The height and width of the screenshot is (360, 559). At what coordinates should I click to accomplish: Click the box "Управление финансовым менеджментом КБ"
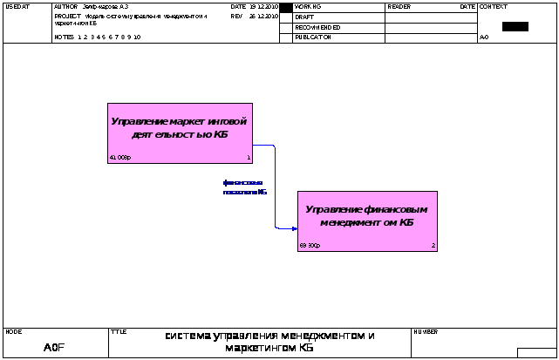[366, 216]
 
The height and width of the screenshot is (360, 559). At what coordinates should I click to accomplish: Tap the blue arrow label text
[244, 187]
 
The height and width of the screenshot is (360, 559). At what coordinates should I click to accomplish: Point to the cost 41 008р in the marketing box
[119, 158]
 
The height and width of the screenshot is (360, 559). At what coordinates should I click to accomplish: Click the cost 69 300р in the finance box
[310, 246]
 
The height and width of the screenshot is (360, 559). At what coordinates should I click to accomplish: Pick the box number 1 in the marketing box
[249, 158]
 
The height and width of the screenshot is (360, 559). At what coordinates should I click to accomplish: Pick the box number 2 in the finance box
[433, 246]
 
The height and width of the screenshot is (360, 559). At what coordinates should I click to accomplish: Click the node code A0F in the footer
[54, 348]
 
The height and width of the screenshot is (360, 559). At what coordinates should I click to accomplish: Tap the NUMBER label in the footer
[426, 332]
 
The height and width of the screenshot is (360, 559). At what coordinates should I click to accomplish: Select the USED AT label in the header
[17, 6]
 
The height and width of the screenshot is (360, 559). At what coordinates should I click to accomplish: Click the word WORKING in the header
[308, 6]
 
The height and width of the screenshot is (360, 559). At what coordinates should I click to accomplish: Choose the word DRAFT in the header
[304, 17]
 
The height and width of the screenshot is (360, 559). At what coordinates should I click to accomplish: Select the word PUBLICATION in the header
[313, 37]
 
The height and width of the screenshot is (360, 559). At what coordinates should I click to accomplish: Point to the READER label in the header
[399, 6]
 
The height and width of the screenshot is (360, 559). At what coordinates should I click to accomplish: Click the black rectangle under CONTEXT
[515, 26]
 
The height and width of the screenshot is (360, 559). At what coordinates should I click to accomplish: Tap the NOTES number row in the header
[98, 37]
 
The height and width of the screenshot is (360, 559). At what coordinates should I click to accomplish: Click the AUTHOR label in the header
[66, 6]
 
